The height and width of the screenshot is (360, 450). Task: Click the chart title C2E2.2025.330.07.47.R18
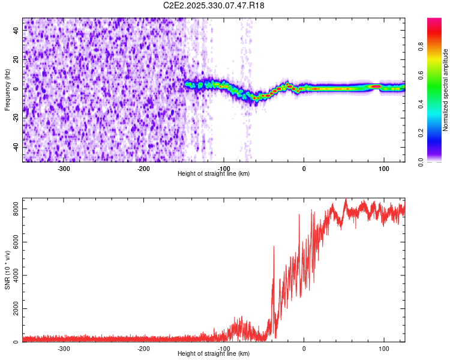tap(214, 5)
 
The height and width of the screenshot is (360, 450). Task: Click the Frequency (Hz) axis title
tap(7, 89)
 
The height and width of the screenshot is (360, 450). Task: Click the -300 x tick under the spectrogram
tap(64, 169)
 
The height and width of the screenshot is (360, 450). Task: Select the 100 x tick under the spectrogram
tap(383, 169)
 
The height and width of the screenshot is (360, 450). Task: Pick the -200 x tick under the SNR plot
tap(143, 349)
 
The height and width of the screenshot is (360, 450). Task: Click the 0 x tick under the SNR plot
tap(304, 349)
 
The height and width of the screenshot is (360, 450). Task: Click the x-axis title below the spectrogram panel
tap(214, 174)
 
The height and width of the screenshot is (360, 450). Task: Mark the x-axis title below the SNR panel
tap(214, 354)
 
